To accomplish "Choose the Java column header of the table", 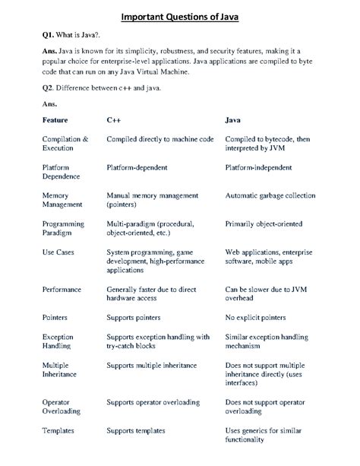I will click(234, 120).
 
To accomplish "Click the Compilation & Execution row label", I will click(66, 144).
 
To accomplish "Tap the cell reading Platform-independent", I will click(265, 166).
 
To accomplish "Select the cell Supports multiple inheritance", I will click(159, 365).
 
